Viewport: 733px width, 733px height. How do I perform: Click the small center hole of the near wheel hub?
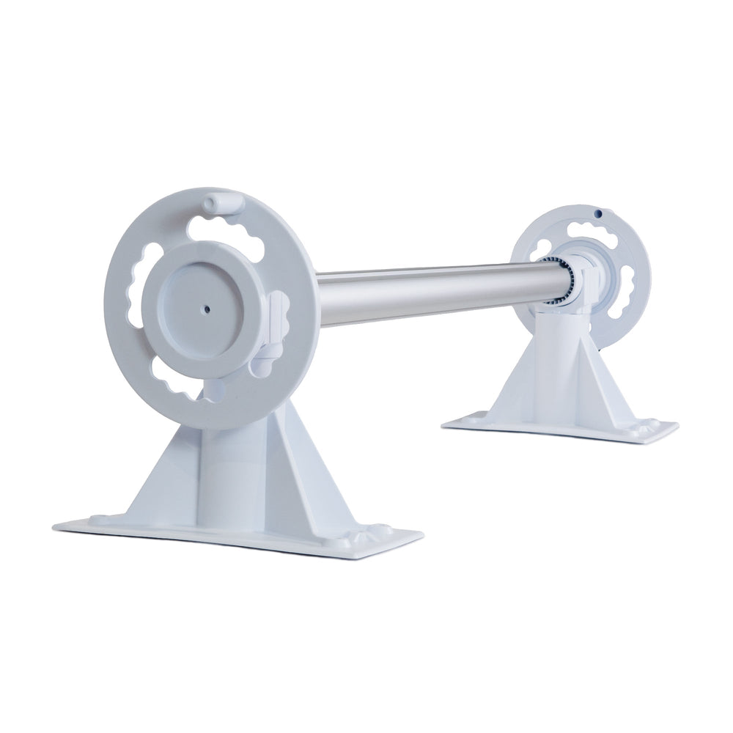tap(207, 309)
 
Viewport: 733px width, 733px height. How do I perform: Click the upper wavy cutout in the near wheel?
tap(226, 230)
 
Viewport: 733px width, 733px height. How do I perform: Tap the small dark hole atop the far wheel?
tap(598, 213)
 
